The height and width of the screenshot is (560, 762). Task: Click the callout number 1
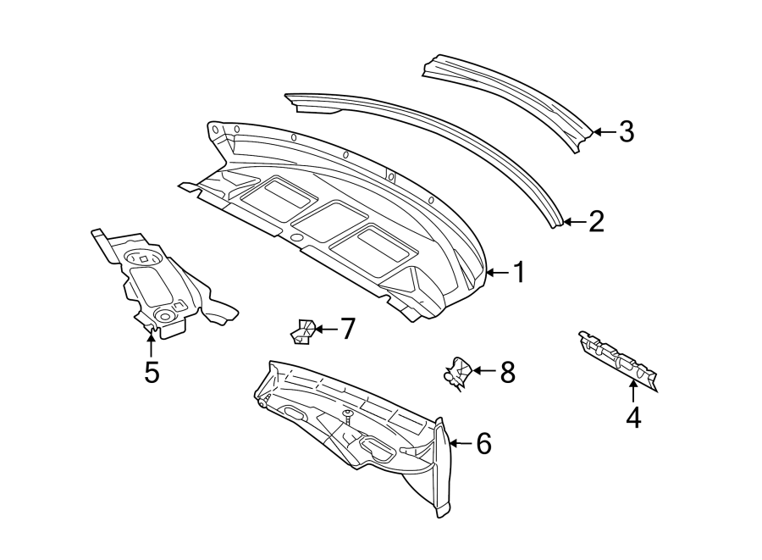click(519, 272)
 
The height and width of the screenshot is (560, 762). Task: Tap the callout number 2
click(596, 222)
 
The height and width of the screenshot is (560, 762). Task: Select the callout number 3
click(626, 131)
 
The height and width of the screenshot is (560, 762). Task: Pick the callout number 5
click(152, 372)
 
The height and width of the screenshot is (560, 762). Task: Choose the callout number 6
click(483, 443)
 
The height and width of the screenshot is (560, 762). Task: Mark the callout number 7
click(347, 328)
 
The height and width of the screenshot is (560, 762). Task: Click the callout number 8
click(507, 371)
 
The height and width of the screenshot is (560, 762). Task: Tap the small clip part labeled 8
click(457, 373)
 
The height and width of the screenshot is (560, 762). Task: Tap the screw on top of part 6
click(347, 415)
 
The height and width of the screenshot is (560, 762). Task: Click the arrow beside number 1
click(498, 272)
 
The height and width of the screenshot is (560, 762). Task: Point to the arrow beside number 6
click(460, 443)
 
